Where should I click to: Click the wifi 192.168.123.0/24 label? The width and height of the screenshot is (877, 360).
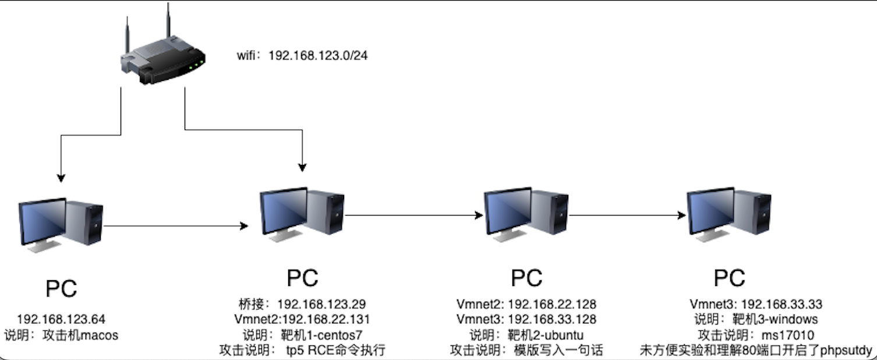pos(302,56)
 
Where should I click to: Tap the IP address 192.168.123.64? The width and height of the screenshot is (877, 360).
pos(62,319)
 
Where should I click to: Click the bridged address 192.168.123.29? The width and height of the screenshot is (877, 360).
pos(321,304)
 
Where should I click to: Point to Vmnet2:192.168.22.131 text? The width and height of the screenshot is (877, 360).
pos(302,319)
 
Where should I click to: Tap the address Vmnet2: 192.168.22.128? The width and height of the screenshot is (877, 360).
pos(526,304)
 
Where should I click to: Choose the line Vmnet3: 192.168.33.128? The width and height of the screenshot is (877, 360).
pos(526,319)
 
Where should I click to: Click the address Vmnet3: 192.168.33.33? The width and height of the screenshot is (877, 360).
pos(755,304)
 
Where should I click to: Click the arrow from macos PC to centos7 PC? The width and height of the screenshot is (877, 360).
pos(175,225)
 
